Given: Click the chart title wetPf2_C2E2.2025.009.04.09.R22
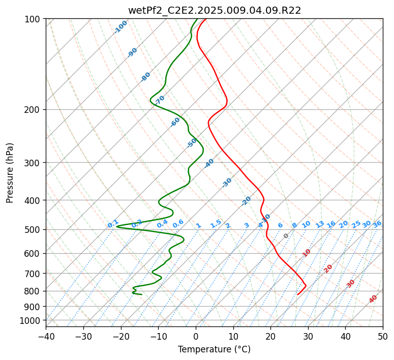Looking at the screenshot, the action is (215, 11).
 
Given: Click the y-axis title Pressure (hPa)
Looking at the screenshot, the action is (10, 173).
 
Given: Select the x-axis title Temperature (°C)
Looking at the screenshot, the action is (215, 349).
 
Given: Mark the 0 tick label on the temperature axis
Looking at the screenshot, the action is (196, 336).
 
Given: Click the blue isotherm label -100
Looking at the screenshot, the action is (121, 27).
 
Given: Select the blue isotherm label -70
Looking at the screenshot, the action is (160, 100).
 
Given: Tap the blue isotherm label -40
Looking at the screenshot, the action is (209, 163).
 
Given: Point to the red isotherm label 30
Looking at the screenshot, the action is (350, 284).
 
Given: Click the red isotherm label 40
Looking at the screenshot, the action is (373, 299).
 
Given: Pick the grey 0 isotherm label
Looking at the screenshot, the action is (286, 236).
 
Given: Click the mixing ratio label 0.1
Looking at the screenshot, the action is (113, 224).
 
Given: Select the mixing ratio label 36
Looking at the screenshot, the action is (377, 224).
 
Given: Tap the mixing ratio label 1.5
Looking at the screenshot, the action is (216, 224).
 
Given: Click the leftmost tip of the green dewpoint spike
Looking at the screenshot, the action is (116, 226).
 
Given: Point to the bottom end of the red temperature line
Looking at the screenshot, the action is (297, 294).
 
